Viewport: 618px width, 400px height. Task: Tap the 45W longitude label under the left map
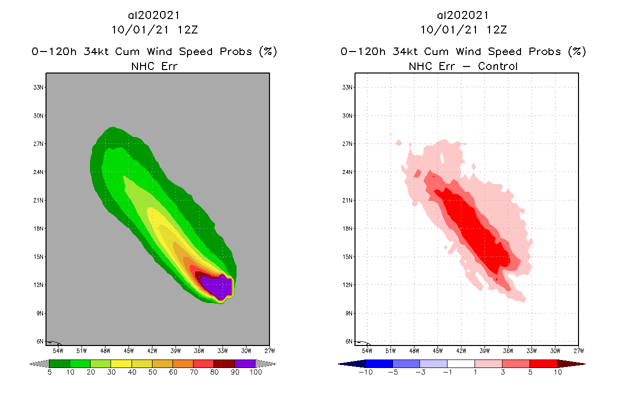coord(129,350)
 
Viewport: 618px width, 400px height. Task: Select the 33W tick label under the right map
coord(531,350)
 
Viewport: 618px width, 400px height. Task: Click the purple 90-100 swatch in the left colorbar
coord(245,363)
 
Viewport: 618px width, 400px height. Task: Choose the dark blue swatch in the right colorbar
coord(379,363)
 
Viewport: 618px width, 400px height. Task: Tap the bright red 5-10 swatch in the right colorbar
coord(543,363)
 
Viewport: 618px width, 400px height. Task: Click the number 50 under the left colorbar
coord(152,372)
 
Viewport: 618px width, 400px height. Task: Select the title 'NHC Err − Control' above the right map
coord(463,66)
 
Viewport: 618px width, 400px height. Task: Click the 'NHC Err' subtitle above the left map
coord(153,66)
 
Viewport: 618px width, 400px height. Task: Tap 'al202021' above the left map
coord(154,15)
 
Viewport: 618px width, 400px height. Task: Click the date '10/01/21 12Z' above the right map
coord(463,29)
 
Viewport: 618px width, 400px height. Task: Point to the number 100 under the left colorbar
coord(255,372)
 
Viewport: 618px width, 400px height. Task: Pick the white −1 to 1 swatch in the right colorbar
coord(460,363)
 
